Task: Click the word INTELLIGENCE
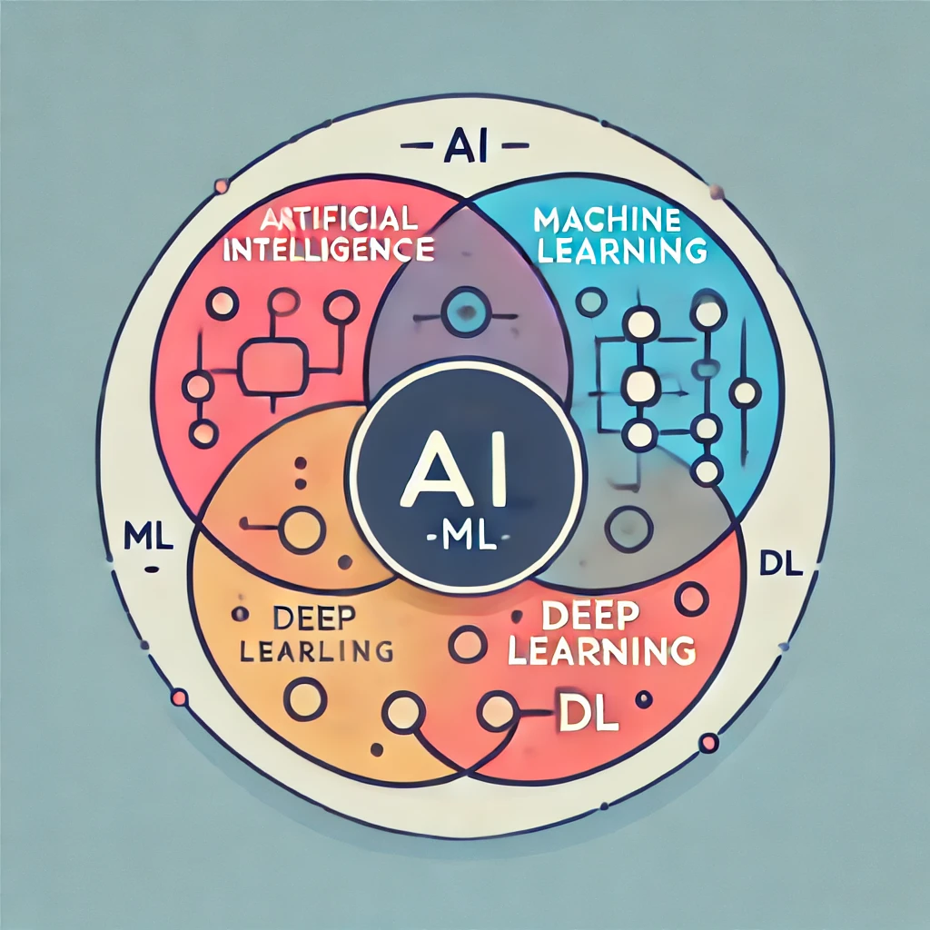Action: (x=327, y=249)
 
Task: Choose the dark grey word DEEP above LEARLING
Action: (x=319, y=618)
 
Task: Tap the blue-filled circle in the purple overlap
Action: (x=462, y=312)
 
